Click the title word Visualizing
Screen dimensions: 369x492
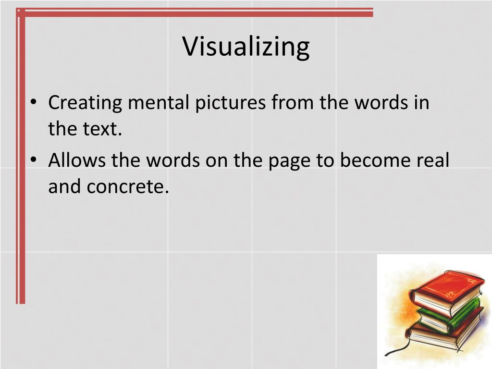coord(246,47)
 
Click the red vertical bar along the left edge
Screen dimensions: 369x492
coord(20,159)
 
